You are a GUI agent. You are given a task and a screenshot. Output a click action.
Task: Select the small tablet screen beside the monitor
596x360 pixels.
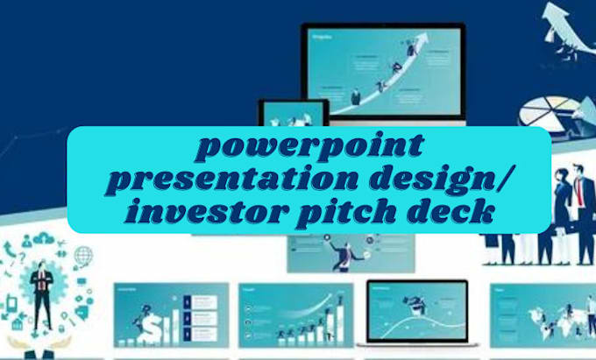point(293,114)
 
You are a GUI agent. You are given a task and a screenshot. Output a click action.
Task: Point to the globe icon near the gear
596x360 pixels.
point(83,257)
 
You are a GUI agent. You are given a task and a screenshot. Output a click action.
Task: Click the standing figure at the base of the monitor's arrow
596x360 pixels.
point(357,96)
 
